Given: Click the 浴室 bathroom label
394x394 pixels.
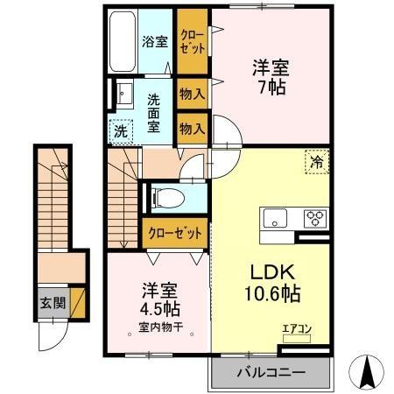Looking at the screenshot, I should click(155, 41).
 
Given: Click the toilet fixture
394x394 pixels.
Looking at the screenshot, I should click(166, 197).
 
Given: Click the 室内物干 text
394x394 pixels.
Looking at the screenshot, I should click(155, 328).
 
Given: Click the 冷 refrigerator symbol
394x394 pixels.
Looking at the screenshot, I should click(316, 160).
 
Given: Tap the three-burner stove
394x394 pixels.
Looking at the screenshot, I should click(313, 218).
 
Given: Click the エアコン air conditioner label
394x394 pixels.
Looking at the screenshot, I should click(296, 330).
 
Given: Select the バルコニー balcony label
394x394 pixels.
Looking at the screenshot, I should click(271, 372).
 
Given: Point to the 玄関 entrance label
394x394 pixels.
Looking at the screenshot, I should click(51, 304).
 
